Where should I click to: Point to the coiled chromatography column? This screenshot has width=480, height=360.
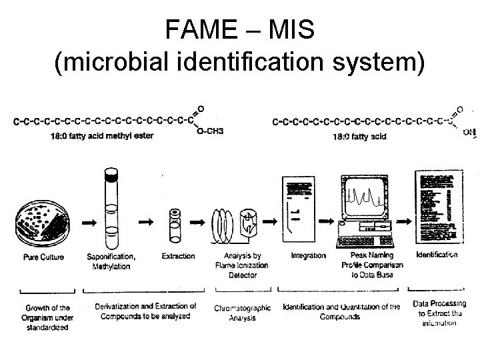coord(224,223)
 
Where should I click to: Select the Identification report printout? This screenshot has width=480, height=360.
coord(436,207)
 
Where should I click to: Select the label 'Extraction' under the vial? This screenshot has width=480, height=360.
coord(178,256)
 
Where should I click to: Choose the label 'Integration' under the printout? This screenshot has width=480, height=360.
coord(309,256)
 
